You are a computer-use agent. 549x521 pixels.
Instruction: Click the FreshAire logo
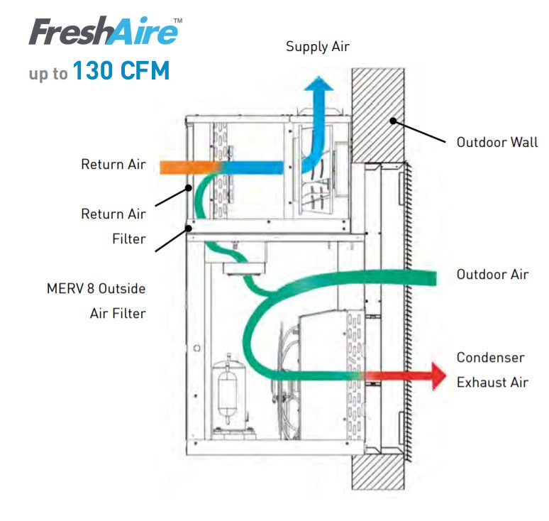tap(103, 32)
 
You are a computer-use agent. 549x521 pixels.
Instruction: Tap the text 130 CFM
tap(121, 71)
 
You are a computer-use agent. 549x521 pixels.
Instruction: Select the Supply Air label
tap(317, 47)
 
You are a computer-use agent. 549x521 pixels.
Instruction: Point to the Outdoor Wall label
tap(497, 142)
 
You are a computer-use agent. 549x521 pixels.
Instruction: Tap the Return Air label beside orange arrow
tap(113, 165)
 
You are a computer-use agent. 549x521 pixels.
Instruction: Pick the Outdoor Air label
tap(492, 274)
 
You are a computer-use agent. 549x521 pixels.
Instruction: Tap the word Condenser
tap(491, 357)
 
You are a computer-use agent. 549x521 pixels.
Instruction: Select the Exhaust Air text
tap(492, 382)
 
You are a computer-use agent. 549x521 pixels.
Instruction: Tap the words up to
tap(48, 74)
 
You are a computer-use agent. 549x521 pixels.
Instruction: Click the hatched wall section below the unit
tap(377, 471)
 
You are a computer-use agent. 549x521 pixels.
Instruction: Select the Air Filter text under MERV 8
tap(118, 313)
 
